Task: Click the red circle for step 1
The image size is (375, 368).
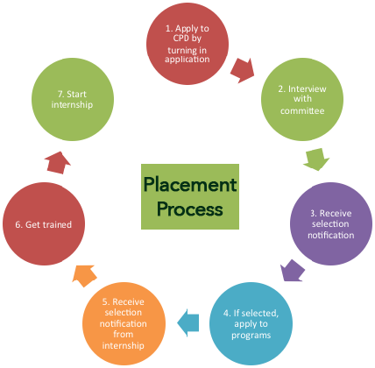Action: pyautogui.click(x=187, y=44)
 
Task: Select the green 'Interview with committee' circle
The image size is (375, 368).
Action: pyautogui.click(x=302, y=99)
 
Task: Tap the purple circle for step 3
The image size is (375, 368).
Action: pyautogui.click(x=331, y=223)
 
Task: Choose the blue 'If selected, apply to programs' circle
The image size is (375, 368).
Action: pyautogui.click(x=251, y=323)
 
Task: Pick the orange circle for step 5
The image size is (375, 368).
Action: pyautogui.click(x=124, y=323)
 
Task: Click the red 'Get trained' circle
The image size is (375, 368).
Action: pyautogui.click(x=44, y=223)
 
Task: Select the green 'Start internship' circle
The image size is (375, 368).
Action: pyautogui.click(x=73, y=99)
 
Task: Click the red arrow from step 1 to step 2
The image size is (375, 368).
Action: pyautogui.click(x=243, y=70)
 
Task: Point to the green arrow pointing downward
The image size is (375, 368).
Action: pyautogui.click(x=316, y=159)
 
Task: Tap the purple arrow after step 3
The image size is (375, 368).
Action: pyautogui.click(x=293, y=271)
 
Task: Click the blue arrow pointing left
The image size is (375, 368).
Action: pyautogui.click(x=188, y=322)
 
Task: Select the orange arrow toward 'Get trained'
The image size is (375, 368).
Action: pyautogui.click(x=84, y=276)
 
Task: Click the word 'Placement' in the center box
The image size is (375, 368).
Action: pyautogui.click(x=190, y=184)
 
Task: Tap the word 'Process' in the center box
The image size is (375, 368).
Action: pyautogui.click(x=190, y=209)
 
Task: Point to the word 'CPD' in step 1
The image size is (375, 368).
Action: pyautogui.click(x=180, y=39)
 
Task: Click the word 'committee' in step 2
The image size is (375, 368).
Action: pyautogui.click(x=302, y=110)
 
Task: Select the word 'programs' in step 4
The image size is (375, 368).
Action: pyautogui.click(x=251, y=336)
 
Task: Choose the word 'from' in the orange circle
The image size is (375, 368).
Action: pyautogui.click(x=124, y=334)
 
